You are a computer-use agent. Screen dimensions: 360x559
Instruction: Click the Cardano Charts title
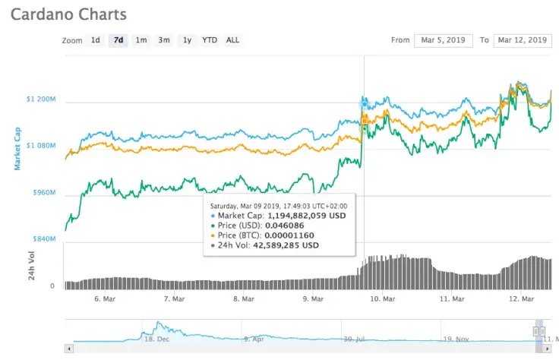(x=68, y=14)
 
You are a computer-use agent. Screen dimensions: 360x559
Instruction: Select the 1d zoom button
(x=95, y=40)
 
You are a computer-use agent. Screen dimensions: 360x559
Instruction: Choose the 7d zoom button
(x=118, y=40)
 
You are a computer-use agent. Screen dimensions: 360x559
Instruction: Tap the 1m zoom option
(x=141, y=40)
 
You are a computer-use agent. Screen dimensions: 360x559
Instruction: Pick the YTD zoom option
(x=209, y=40)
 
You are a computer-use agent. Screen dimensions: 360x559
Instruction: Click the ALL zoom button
(x=232, y=40)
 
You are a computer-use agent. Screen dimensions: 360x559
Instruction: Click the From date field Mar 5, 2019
(x=444, y=40)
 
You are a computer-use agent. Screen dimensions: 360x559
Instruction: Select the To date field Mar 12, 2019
(x=522, y=40)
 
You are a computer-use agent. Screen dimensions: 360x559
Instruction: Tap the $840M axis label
(x=43, y=239)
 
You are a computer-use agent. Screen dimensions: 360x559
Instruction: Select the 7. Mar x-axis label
(x=174, y=299)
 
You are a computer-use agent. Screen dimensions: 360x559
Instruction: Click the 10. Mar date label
(x=382, y=299)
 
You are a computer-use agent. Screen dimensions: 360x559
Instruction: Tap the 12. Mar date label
(x=521, y=299)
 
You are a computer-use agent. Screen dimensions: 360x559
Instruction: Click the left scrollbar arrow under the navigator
(x=69, y=349)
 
